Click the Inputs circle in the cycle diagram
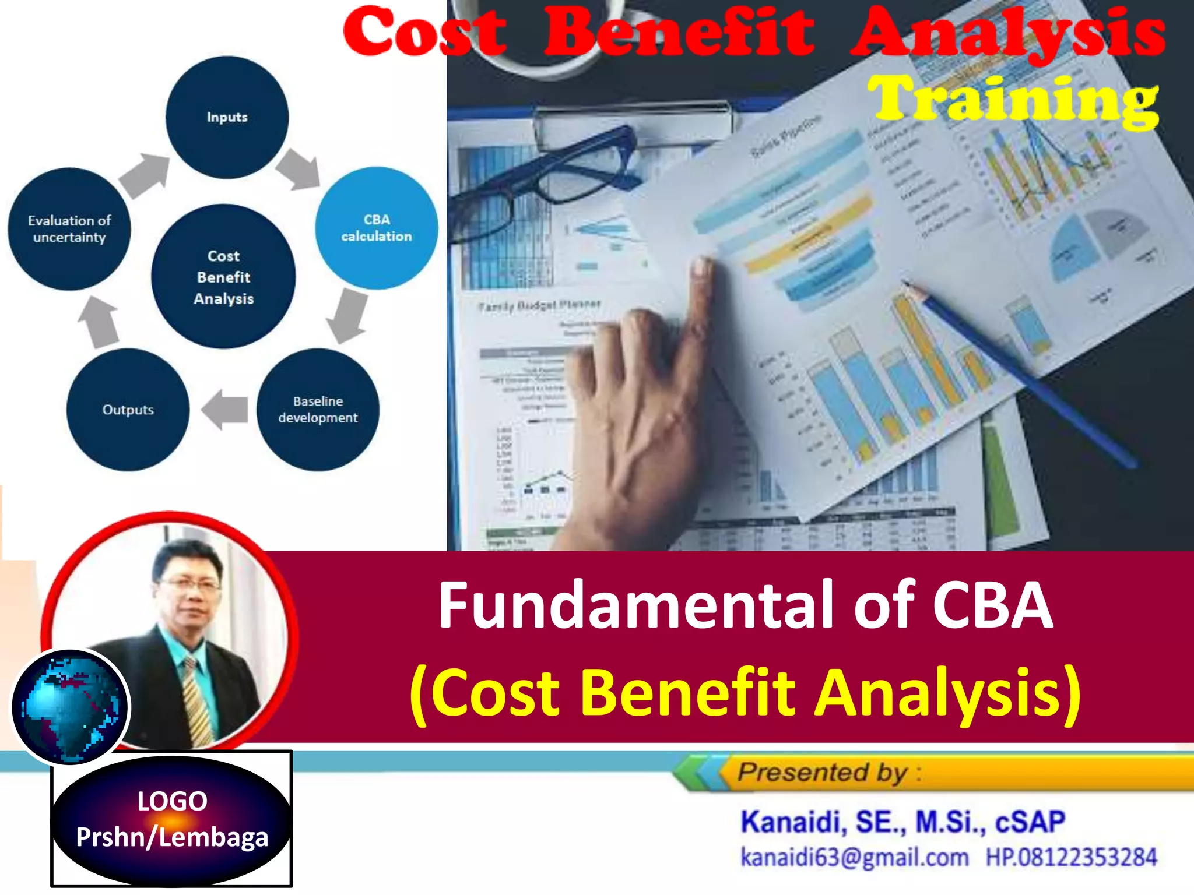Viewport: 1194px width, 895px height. pos(227,117)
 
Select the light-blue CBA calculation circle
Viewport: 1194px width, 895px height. pos(376,228)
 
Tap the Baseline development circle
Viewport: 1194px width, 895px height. pos(318,409)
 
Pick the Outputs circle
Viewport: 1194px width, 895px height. pos(128,410)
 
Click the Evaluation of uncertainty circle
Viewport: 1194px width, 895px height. pos(69,229)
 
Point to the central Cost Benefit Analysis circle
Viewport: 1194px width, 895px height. pos(223,277)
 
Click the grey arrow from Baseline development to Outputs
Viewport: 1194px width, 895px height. pos(225,409)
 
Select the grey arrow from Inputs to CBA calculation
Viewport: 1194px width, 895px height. pos(299,169)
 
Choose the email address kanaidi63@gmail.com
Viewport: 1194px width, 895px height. pos(854,858)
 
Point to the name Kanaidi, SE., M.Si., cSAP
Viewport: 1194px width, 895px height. pos(902,822)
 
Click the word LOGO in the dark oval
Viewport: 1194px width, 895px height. pos(172,801)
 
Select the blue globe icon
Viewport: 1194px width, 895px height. pos(70,707)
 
